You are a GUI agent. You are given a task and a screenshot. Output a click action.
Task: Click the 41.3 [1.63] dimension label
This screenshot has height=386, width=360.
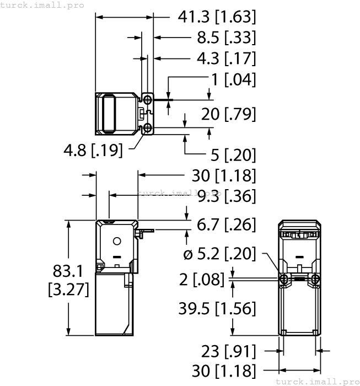(x=217, y=17)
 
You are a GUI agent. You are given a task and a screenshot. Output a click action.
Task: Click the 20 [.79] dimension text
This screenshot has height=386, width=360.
(x=228, y=114)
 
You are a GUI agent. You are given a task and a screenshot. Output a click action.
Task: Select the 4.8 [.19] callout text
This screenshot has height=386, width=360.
(x=93, y=150)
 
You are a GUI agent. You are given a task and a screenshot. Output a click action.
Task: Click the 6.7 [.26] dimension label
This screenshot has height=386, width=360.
(x=226, y=224)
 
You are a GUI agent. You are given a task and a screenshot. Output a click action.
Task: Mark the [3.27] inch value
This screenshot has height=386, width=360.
(x=68, y=289)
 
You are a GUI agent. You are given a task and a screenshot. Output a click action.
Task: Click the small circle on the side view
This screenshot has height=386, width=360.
(x=116, y=242)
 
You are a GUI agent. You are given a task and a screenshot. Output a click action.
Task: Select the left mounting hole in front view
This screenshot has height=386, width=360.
(x=283, y=280)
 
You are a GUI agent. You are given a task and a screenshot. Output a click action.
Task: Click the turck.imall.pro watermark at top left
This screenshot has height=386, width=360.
(x=42, y=5)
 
